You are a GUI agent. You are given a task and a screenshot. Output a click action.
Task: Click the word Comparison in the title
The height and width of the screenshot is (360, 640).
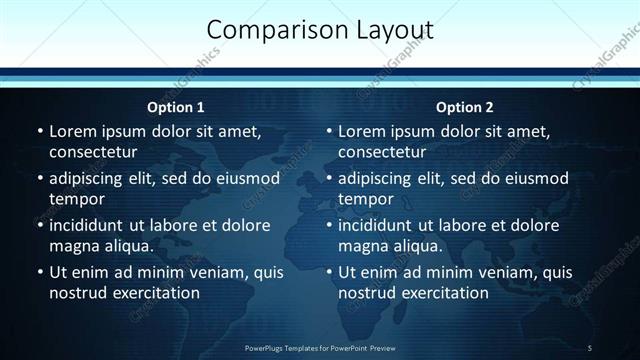coord(267,30)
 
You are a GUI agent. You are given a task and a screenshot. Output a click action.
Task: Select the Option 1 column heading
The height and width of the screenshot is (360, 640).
coord(176,107)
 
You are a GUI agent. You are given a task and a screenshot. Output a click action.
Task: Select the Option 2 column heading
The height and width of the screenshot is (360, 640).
coord(465,107)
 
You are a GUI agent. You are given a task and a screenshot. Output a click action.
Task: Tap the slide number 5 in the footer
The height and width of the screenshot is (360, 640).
coord(590,347)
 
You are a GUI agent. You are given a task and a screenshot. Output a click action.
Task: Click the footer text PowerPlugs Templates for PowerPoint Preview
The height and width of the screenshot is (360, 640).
coord(320,347)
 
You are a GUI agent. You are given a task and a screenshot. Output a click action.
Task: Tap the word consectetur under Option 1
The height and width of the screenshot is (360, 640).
coord(93,152)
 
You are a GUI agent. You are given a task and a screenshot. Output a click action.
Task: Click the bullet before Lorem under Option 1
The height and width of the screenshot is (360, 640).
coord(39,132)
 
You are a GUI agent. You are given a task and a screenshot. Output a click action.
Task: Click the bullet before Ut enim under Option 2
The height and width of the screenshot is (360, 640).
coord(328,272)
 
